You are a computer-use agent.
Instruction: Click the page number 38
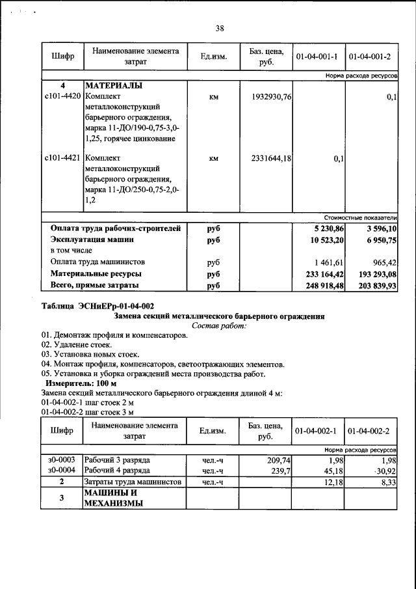coord(220,28)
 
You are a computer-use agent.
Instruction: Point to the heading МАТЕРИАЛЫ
coord(113,86)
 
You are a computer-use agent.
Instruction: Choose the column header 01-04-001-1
coord(317,57)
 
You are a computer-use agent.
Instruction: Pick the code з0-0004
coord(62,470)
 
